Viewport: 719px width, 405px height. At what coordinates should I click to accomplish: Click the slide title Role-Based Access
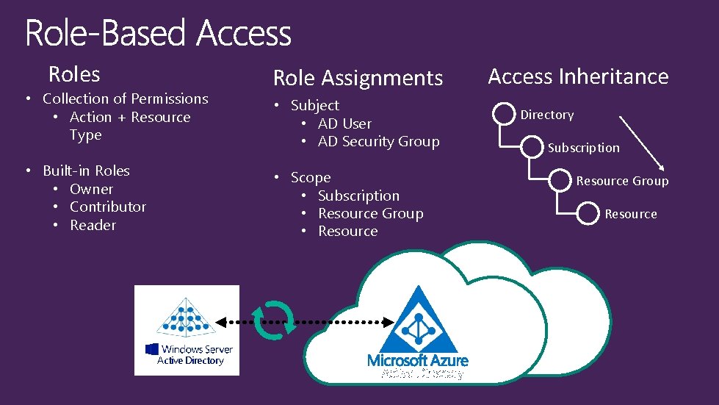coord(158,34)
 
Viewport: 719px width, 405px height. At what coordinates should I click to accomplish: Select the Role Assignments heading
coord(358,78)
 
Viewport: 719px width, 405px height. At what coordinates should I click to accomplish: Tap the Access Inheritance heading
coord(578,76)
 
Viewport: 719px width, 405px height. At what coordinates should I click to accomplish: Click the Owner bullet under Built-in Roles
coord(91,189)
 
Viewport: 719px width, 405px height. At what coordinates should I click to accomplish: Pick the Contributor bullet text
coord(107,207)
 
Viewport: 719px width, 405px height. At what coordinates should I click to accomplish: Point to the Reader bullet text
coord(93,225)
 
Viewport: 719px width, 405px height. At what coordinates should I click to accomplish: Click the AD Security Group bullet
coord(378,141)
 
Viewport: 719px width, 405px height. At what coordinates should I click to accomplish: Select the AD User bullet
coord(344,123)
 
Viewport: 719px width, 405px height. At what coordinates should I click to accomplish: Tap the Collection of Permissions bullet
coord(125,98)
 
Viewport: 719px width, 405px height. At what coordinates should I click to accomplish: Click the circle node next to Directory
coord(505,115)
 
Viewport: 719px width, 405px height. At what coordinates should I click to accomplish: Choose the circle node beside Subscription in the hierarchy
coord(532,148)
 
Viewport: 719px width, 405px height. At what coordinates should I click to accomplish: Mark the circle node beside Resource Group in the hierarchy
coord(560,181)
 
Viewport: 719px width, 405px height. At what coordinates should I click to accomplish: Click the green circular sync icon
coord(273,321)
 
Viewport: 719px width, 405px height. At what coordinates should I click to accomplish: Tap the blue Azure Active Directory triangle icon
coord(419,320)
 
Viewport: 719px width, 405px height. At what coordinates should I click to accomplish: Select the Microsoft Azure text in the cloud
coord(418,360)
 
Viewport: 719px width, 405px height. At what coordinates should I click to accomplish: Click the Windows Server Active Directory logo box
coord(187,330)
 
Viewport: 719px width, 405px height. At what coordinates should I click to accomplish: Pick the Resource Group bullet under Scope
coord(370,213)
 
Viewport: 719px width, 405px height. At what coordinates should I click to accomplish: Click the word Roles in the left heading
coord(74,74)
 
